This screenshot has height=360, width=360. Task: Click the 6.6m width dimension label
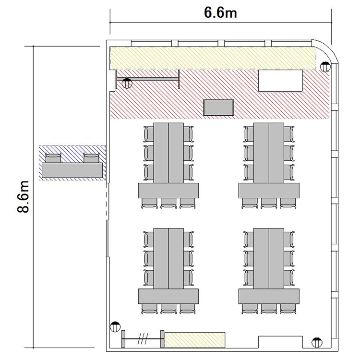click(220, 12)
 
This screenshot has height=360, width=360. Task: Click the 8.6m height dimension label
click(23, 197)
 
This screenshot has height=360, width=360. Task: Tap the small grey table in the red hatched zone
click(218, 108)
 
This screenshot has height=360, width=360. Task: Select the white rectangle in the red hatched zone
click(280, 81)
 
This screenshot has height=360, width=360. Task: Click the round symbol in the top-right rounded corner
click(325, 67)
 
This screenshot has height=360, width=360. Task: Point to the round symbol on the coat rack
click(127, 84)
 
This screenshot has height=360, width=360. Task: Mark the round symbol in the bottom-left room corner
click(115, 326)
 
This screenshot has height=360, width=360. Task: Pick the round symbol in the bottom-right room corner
click(317, 343)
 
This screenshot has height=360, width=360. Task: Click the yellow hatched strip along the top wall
click(213, 58)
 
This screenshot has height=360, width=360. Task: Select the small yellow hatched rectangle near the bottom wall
click(195, 340)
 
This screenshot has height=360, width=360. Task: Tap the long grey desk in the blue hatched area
click(72, 170)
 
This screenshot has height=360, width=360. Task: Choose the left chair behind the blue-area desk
click(53, 158)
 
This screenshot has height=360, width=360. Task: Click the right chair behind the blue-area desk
click(91, 158)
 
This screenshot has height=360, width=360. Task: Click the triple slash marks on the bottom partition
click(143, 339)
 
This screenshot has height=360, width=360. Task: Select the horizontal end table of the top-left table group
click(168, 191)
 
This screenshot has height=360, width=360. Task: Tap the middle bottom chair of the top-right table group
click(269, 203)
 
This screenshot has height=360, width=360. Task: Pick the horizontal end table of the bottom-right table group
click(269, 296)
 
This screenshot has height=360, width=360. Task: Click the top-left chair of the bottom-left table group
click(148, 239)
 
